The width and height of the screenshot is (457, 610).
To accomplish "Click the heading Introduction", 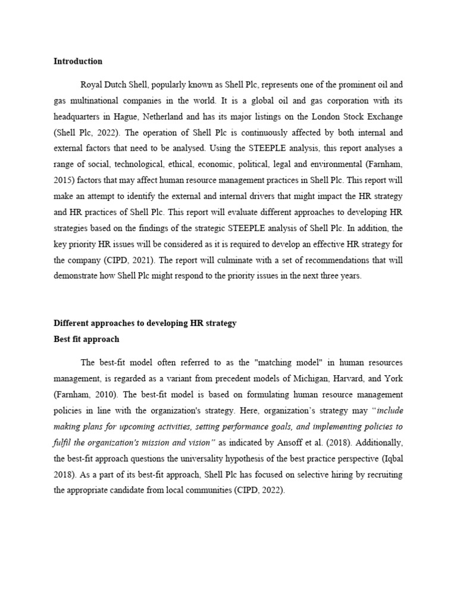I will click(78, 61).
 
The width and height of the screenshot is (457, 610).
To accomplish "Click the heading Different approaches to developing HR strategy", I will click(145, 323).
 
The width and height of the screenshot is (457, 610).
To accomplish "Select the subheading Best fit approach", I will click(86, 339).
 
